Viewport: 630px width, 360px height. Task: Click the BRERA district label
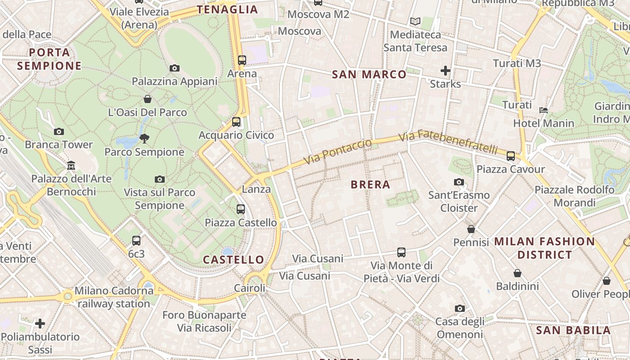pos(370,184)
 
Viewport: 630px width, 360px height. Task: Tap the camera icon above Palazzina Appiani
pos(175,68)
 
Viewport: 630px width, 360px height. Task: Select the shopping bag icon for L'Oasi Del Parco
pos(147,99)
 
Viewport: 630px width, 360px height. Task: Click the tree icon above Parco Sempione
pos(144,138)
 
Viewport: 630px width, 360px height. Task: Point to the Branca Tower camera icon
pos(58,132)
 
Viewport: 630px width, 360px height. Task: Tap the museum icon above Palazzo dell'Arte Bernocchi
pos(71,166)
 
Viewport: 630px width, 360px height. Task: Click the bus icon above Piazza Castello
pos(241,209)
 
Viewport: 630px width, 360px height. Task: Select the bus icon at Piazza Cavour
pos(511,156)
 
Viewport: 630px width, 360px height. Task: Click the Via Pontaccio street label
pos(338,152)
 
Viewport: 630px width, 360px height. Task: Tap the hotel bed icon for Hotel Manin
pos(544,110)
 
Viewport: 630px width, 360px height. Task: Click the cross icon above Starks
pos(445,71)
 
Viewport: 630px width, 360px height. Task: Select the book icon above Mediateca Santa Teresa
pos(415,21)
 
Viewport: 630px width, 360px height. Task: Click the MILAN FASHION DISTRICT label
pos(544,248)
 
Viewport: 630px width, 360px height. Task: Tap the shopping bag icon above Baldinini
pos(517,273)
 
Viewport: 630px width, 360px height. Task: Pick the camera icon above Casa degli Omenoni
pos(459,309)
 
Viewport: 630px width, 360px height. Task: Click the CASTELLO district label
pos(234,260)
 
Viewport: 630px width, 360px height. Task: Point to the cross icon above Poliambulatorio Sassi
pos(40,323)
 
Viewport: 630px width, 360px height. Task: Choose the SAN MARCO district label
pos(369,75)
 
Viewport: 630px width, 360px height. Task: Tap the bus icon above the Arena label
pos(242,60)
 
